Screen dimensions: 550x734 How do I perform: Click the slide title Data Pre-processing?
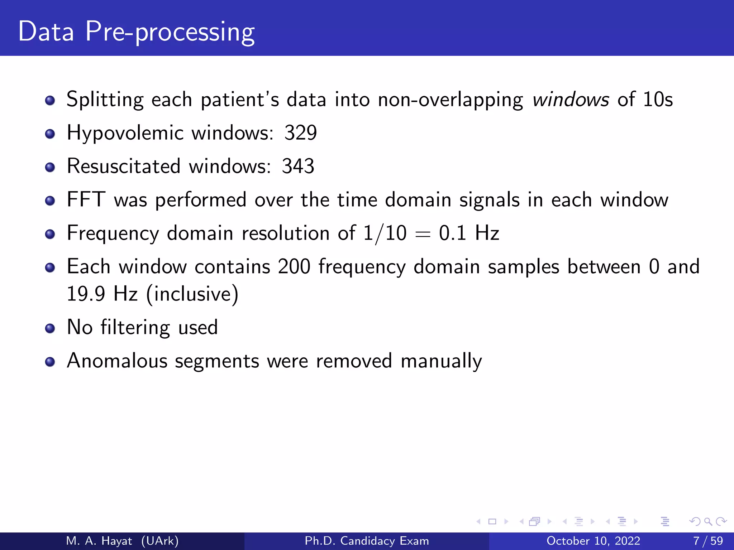click(136, 32)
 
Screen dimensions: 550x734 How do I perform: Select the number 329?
click(300, 133)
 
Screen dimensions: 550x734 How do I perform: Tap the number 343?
click(298, 167)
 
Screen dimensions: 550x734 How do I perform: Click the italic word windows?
click(571, 100)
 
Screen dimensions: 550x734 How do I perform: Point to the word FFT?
click(86, 199)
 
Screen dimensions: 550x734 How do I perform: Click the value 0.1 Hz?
click(469, 233)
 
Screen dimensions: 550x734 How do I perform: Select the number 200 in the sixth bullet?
click(294, 267)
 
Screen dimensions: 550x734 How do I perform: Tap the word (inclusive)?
click(192, 294)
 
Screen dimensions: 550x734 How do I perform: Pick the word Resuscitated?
click(124, 167)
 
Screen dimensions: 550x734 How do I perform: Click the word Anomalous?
click(117, 361)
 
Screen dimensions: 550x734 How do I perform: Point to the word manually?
click(441, 361)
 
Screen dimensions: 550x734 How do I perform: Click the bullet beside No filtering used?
click(50, 328)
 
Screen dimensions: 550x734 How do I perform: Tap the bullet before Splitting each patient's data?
click(50, 101)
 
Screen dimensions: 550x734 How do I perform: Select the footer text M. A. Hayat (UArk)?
click(122, 541)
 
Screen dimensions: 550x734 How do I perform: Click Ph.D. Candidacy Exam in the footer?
click(367, 541)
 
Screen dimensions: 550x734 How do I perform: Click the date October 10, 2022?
click(593, 541)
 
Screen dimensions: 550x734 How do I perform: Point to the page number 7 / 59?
click(708, 541)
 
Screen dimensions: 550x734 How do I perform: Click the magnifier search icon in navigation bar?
click(708, 522)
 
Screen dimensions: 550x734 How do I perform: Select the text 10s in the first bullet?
click(658, 100)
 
